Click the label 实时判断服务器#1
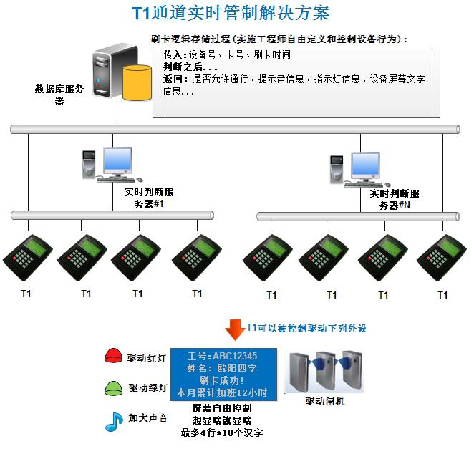[149, 198]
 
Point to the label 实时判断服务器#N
[395, 199]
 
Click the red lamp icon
[115, 355]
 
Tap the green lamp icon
[115, 389]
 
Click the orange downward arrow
[234, 329]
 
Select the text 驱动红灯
[147, 357]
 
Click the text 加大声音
[148, 418]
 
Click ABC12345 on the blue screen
[233, 356]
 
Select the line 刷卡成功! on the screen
[222, 380]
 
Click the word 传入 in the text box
[173, 55]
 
